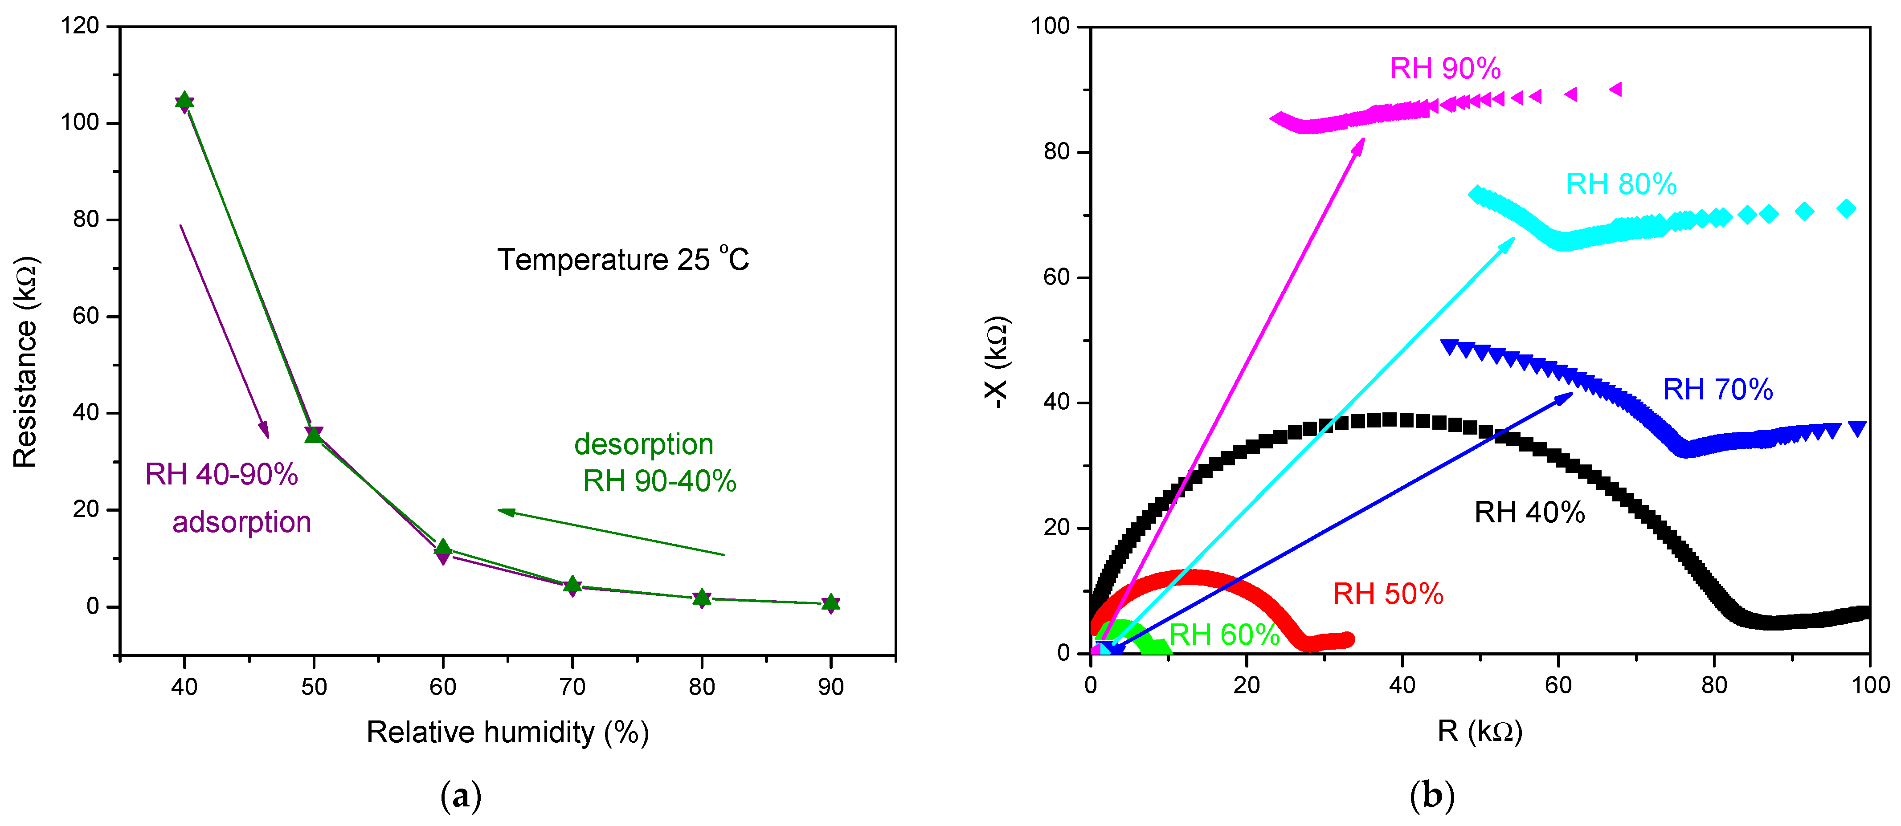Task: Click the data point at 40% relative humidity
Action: (x=184, y=101)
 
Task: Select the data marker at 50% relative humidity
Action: (x=314, y=435)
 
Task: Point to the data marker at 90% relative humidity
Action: (x=831, y=603)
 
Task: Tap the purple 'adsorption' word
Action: (x=241, y=522)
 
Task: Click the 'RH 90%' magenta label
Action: (x=1445, y=69)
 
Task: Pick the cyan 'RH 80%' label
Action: (x=1621, y=184)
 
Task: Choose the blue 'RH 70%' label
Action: (x=1717, y=389)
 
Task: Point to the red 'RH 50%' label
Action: (x=1387, y=594)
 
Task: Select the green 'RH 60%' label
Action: (x=1224, y=634)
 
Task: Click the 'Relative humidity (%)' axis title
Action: (x=508, y=732)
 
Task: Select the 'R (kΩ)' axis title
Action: (x=1480, y=731)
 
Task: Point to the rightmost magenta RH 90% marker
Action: (x=1615, y=89)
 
